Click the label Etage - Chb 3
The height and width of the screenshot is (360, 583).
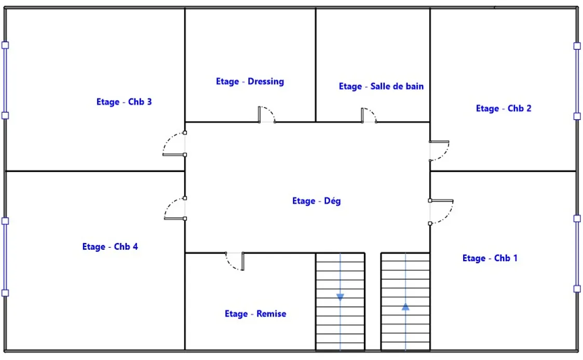point(124,102)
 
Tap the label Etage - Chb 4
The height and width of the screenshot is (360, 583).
point(110,247)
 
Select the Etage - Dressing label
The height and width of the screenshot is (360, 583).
point(250,82)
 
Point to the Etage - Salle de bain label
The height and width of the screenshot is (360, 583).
point(381,86)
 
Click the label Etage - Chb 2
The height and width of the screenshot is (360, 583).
point(504,109)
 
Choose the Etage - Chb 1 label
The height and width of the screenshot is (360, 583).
point(490,258)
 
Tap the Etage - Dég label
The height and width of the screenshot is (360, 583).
point(316,201)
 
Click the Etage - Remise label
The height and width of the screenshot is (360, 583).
point(255,314)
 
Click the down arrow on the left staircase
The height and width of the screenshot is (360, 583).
point(340,297)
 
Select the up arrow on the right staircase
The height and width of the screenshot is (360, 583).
point(405,307)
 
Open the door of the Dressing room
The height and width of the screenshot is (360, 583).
point(266,115)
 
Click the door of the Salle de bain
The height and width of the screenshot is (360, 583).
point(369,116)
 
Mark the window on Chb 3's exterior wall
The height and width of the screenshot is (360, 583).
point(5,81)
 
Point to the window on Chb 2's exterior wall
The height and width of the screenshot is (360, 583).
point(577,81)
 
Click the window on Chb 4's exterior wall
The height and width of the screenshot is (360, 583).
point(5,257)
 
